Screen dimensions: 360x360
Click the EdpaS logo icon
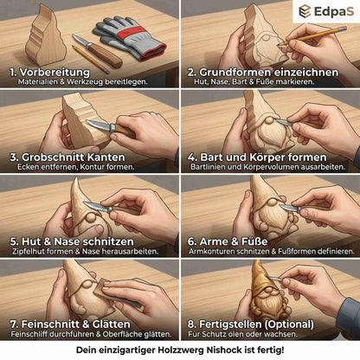click(x=305, y=11)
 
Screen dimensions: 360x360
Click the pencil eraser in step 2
click(x=343, y=29)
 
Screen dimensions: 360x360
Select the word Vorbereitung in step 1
click(x=55, y=72)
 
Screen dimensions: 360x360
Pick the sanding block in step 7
click(x=119, y=295)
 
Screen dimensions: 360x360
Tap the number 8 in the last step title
click(x=191, y=325)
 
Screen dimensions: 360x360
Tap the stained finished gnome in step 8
click(x=267, y=294)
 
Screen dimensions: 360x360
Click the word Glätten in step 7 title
click(x=111, y=325)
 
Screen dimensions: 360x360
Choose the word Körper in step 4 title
click(x=267, y=157)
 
